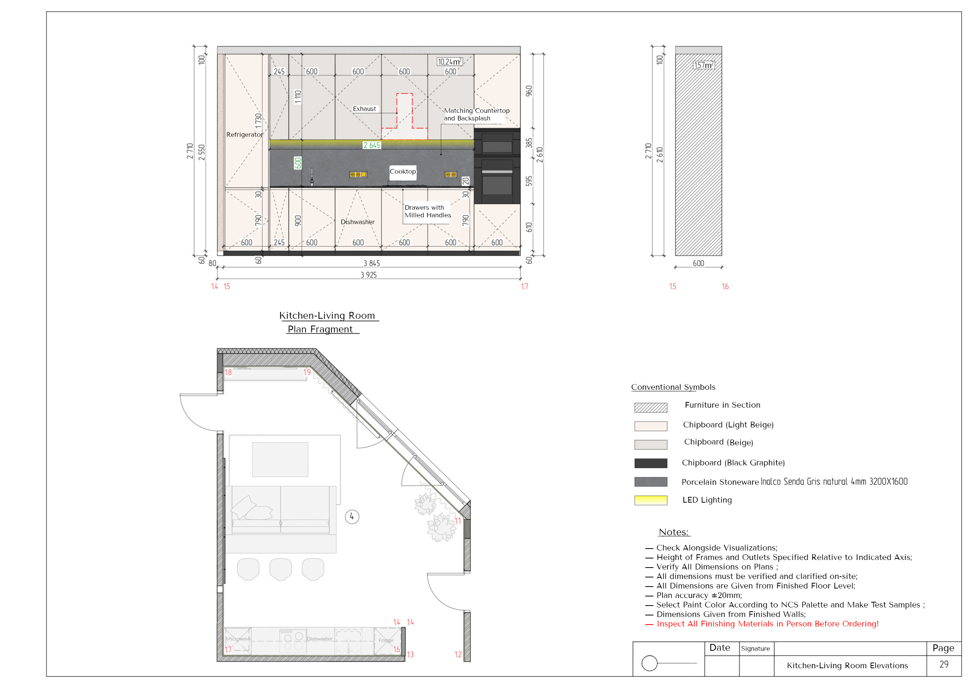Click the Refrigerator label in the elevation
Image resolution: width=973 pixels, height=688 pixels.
(244, 135)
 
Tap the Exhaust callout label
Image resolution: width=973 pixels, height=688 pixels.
(364, 109)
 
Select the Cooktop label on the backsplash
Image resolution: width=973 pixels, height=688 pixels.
(403, 172)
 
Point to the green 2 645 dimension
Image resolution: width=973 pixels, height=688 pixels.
(372, 145)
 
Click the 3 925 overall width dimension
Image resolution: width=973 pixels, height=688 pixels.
(369, 275)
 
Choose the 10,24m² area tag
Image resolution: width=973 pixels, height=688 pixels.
(449, 62)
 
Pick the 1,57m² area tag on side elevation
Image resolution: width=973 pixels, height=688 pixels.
(704, 65)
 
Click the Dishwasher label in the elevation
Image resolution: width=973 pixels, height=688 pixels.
(358, 222)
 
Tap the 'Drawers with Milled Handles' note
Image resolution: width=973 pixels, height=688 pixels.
(428, 211)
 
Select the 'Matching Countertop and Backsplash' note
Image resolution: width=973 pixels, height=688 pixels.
(477, 114)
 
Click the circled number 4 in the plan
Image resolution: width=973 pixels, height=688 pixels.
(352, 517)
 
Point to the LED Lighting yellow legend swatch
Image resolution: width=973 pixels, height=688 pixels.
(650, 500)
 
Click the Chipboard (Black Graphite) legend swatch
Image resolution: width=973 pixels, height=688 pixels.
(650, 463)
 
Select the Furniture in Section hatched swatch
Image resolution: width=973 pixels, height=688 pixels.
(650, 408)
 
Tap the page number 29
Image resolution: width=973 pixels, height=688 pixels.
(944, 664)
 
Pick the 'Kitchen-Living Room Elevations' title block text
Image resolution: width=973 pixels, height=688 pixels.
(847, 666)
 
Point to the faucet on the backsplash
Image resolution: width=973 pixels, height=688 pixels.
(312, 177)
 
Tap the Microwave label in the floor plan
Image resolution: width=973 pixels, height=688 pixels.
(238, 639)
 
